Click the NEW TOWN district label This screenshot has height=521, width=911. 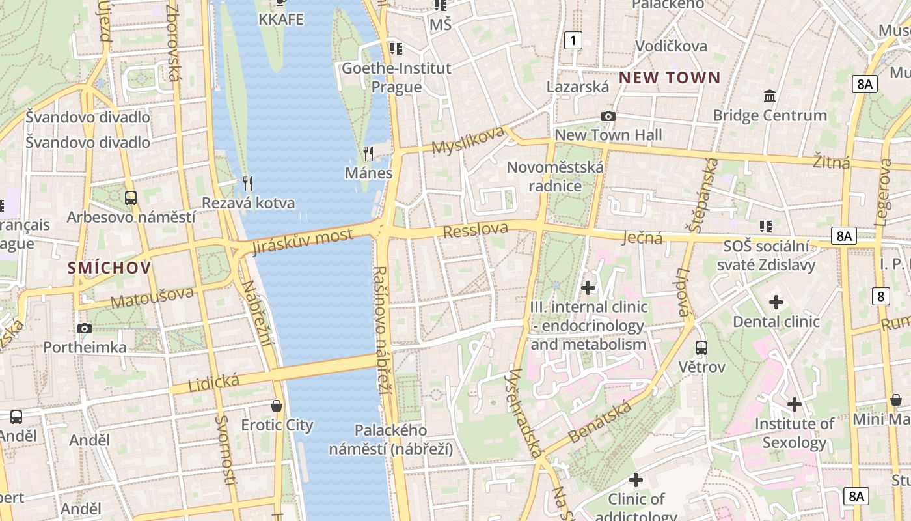(670, 78)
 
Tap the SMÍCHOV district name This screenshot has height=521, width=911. (109, 268)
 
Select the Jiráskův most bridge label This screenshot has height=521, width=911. (303, 242)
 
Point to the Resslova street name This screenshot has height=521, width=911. (476, 229)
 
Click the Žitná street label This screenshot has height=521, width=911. (832, 161)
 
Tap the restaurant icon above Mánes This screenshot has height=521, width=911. (368, 154)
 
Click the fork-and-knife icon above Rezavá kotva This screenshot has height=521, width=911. (247, 183)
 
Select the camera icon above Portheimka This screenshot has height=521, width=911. (85, 329)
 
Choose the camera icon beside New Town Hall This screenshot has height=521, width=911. (608, 117)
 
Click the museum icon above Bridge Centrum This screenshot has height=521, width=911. (770, 96)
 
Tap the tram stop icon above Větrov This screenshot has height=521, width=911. (701, 348)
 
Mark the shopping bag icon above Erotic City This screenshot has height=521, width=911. (277, 406)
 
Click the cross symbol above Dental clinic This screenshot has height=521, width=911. (776, 302)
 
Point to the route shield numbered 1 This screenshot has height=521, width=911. (573, 40)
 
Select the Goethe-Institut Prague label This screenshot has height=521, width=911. (396, 77)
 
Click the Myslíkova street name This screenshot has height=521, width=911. (469, 140)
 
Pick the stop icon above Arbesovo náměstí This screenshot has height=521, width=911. (131, 197)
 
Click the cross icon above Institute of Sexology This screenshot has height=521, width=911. (794, 404)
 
